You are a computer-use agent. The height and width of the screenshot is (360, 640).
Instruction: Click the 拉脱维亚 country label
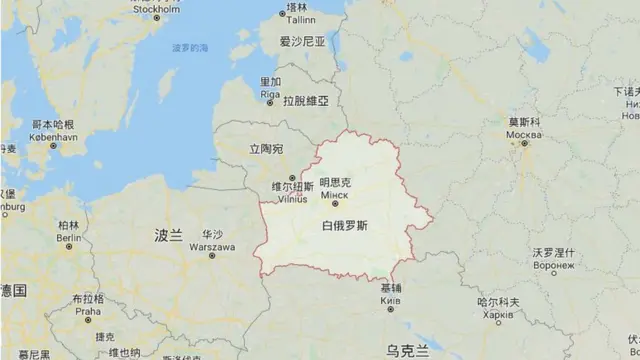305,102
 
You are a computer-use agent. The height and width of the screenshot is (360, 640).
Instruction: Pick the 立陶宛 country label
266,149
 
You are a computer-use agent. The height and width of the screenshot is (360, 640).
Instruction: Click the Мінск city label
335,197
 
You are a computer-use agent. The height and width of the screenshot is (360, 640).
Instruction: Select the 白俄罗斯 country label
344,226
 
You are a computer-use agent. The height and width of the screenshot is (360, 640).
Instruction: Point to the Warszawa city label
211,245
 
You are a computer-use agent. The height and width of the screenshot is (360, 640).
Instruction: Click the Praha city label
88,309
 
